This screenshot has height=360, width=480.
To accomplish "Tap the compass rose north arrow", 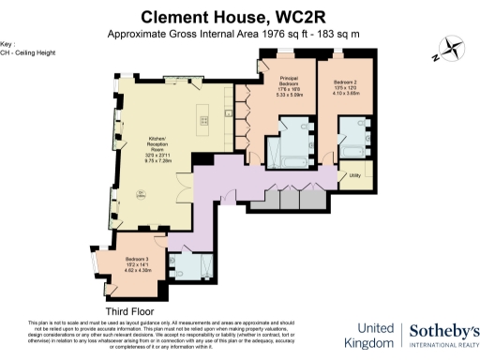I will (448, 49).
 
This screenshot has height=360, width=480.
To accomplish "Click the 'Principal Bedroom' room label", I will (286, 83).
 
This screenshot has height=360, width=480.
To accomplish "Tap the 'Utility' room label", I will (354, 175).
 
